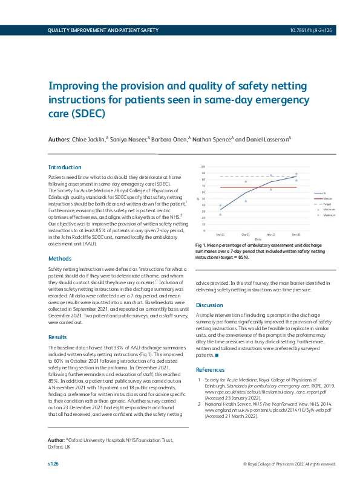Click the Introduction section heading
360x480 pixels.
[65, 167]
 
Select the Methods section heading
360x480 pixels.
[60, 259]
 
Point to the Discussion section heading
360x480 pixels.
[210, 305]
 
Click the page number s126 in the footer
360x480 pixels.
[53, 464]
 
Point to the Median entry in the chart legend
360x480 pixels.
[327, 199]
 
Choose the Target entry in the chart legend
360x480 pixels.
[327, 204]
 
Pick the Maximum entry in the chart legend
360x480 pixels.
[329, 215]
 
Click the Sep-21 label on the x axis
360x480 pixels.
[221, 234]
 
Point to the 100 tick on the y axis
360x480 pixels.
[203, 166]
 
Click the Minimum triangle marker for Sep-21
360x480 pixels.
[221, 214]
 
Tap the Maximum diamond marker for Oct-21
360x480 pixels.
[246, 181]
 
